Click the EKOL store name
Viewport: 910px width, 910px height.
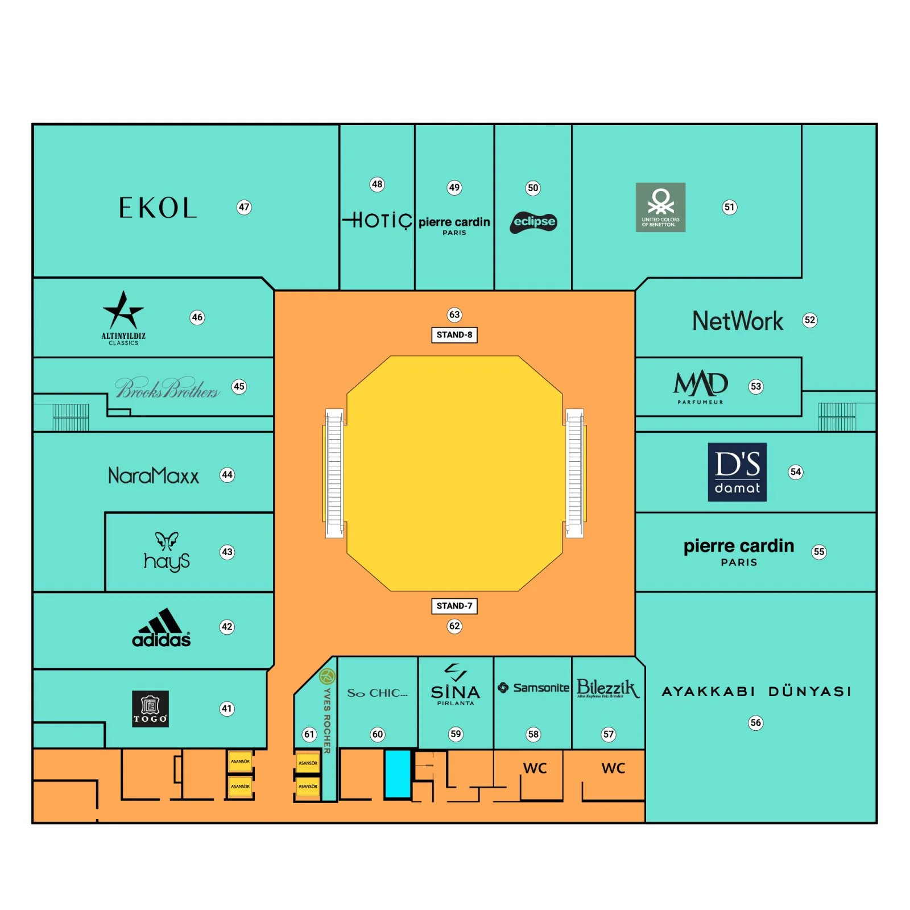[158, 208]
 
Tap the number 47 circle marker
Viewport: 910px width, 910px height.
[244, 207]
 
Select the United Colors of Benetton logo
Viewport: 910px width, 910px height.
[660, 207]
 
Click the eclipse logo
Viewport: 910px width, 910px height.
[533, 222]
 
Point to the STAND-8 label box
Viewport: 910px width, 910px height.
[454, 335]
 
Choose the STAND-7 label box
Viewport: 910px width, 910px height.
[454, 606]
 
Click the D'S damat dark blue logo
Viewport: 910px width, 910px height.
[737, 472]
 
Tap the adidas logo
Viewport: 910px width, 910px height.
[162, 628]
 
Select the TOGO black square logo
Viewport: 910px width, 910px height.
[150, 709]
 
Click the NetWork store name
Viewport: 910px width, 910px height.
[737, 321]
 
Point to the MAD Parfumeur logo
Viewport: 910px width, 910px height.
[700, 387]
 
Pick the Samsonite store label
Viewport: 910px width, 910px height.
[533, 688]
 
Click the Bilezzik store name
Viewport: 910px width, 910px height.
[607, 688]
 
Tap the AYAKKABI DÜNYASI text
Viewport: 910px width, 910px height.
[756, 692]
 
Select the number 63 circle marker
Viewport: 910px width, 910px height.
[454, 315]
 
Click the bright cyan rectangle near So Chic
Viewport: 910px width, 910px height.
[398, 774]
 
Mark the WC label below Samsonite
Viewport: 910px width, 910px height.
[535, 768]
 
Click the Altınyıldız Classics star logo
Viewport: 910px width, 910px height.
[123, 312]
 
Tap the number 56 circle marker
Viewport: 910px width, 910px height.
[755, 723]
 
